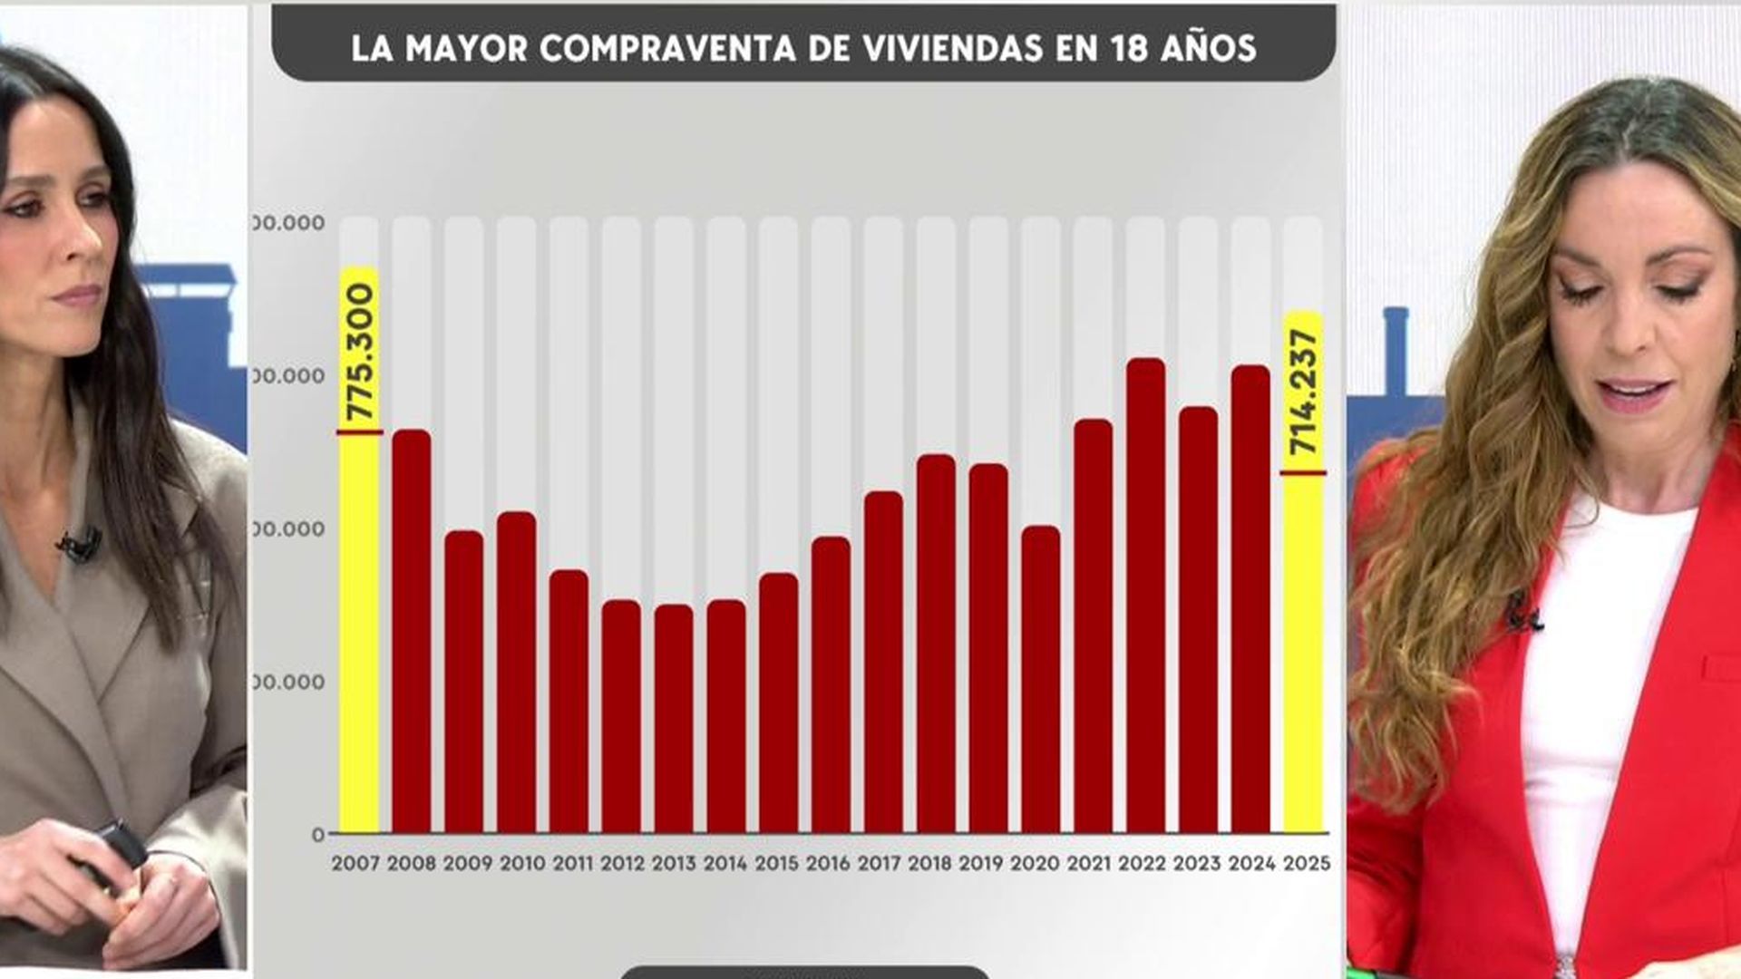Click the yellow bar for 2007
359,635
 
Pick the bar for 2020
1040,679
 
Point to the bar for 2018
936,644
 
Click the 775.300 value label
361,351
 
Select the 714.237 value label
1304,392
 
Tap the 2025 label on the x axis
1307,864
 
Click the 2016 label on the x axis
828,864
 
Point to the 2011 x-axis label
572,864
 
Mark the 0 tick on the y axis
317,835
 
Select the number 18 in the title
1129,48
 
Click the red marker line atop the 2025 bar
1303,473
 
